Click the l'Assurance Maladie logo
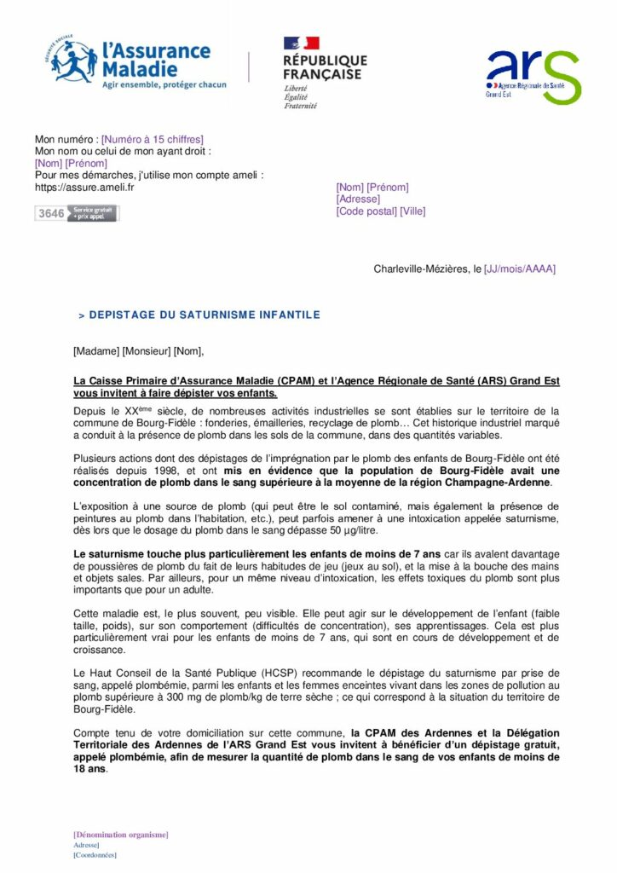128,61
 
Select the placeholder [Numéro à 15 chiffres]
153,139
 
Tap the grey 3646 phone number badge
77,213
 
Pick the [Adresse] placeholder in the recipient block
359,199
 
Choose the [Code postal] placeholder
366,211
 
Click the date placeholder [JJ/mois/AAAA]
519,269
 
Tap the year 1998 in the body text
183,471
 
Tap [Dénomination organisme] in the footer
120,834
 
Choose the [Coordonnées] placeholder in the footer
95,854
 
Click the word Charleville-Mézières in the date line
421,269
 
